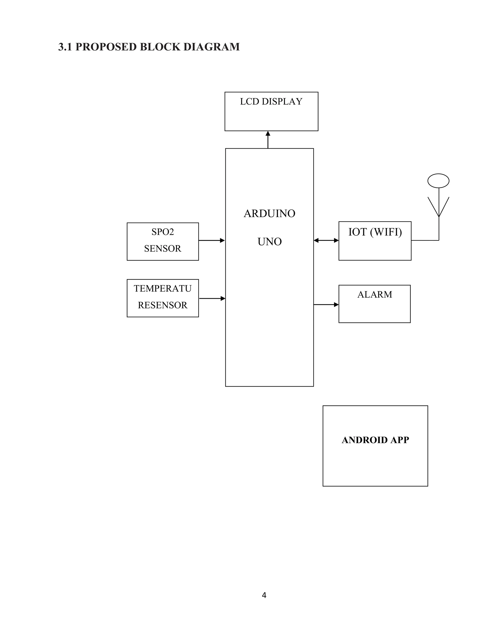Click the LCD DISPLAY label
(271, 101)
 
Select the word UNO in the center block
(269, 242)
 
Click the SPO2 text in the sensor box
(163, 232)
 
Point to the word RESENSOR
(162, 305)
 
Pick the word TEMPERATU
(162, 288)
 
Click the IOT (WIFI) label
(375, 232)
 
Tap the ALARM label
(374, 294)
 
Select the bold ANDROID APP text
(375, 440)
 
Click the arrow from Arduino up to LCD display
(268, 140)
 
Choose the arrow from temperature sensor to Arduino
(212, 298)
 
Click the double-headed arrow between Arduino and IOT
(326, 240)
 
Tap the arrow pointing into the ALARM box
(326, 305)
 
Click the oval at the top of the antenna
(438, 180)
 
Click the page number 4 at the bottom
(264, 595)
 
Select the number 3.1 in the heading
(65, 47)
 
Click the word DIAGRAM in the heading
(211, 47)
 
